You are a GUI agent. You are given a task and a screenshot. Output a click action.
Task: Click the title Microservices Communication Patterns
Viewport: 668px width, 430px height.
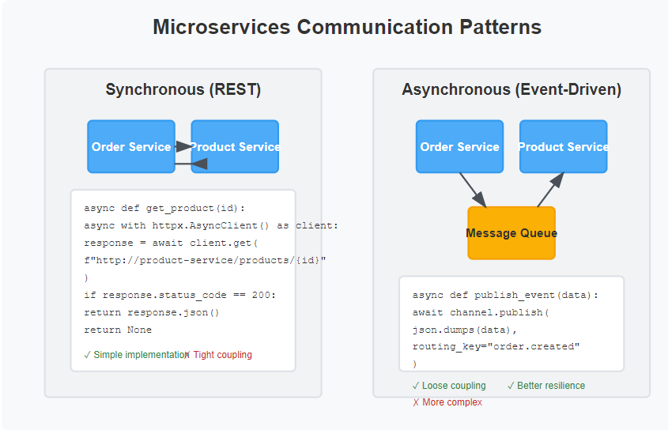click(347, 27)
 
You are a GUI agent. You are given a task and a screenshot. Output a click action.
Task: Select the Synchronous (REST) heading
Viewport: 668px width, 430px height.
click(183, 89)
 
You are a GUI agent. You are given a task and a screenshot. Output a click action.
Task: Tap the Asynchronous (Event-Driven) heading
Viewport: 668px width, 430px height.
click(511, 89)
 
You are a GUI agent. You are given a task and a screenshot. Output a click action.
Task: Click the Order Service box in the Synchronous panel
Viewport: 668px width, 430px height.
click(131, 146)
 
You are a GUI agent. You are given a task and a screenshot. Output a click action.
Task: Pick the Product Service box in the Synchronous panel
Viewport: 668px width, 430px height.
click(235, 146)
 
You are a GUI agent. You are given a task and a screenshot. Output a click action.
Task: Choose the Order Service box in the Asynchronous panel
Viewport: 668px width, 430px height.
click(459, 146)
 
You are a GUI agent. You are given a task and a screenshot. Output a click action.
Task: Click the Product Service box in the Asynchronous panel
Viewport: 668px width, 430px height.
click(563, 146)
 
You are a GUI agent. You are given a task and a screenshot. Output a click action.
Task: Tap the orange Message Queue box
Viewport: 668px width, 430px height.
click(511, 233)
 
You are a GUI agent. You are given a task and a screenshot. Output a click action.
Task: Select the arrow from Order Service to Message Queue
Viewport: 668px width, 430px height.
click(473, 190)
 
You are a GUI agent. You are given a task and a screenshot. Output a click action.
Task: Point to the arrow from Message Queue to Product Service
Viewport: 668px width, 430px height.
click(551, 190)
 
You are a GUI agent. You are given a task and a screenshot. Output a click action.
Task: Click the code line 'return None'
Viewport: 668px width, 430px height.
click(118, 330)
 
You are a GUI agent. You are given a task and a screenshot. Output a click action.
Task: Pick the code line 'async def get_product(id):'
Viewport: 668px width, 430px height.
click(164, 209)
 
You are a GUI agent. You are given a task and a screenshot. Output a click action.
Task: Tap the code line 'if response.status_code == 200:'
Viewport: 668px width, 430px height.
click(179, 295)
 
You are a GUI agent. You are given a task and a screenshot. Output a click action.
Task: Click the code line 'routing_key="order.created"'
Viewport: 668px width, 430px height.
click(496, 346)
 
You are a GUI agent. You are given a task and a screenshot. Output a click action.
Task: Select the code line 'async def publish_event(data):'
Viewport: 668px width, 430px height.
click(505, 295)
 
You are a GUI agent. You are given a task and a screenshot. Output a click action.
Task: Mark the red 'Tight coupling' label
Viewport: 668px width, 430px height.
click(218, 355)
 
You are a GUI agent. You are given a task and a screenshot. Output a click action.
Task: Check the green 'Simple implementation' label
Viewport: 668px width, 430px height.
click(136, 355)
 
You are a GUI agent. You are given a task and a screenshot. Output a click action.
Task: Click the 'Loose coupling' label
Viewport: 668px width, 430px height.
click(449, 386)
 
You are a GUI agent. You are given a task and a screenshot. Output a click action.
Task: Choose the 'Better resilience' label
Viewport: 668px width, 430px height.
click(546, 386)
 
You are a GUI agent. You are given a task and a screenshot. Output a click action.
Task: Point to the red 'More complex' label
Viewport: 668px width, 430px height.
click(447, 402)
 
